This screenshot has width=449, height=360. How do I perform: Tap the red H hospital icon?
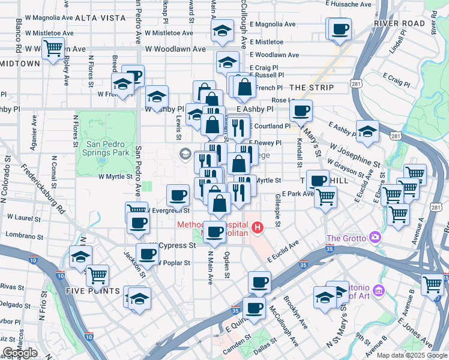click(258, 227)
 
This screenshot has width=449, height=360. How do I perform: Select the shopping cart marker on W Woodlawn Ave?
click(53, 47)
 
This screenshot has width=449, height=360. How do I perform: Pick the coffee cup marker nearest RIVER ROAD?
click(340, 28)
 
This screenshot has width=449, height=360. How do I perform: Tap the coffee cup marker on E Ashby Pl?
click(301, 110)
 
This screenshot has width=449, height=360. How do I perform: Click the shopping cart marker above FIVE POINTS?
click(97, 275)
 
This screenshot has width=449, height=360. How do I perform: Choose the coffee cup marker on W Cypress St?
click(148, 253)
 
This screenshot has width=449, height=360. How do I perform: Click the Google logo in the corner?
click(20, 353)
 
